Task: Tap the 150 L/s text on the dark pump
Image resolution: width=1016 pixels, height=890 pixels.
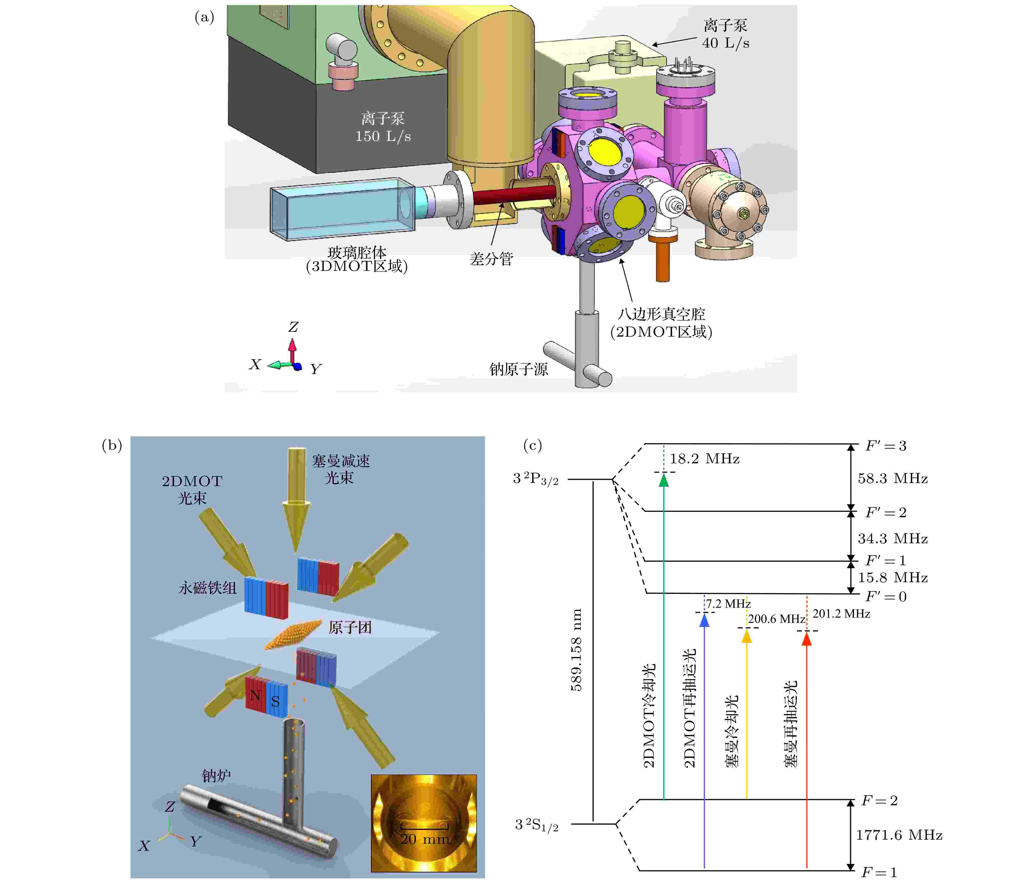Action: coord(383,136)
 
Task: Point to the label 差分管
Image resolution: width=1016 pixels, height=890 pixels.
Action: coord(491,258)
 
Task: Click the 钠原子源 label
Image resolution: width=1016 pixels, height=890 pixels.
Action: coord(518,369)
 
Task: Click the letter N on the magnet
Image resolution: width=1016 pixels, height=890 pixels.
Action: coord(255,695)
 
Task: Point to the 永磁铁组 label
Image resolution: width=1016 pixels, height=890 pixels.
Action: coord(207,588)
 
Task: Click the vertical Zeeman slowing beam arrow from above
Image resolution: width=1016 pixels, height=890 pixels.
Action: coord(296,497)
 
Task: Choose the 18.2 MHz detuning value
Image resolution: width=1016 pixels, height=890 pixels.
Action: coord(705,459)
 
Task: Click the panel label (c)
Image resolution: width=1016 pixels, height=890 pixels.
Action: coord(532,445)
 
